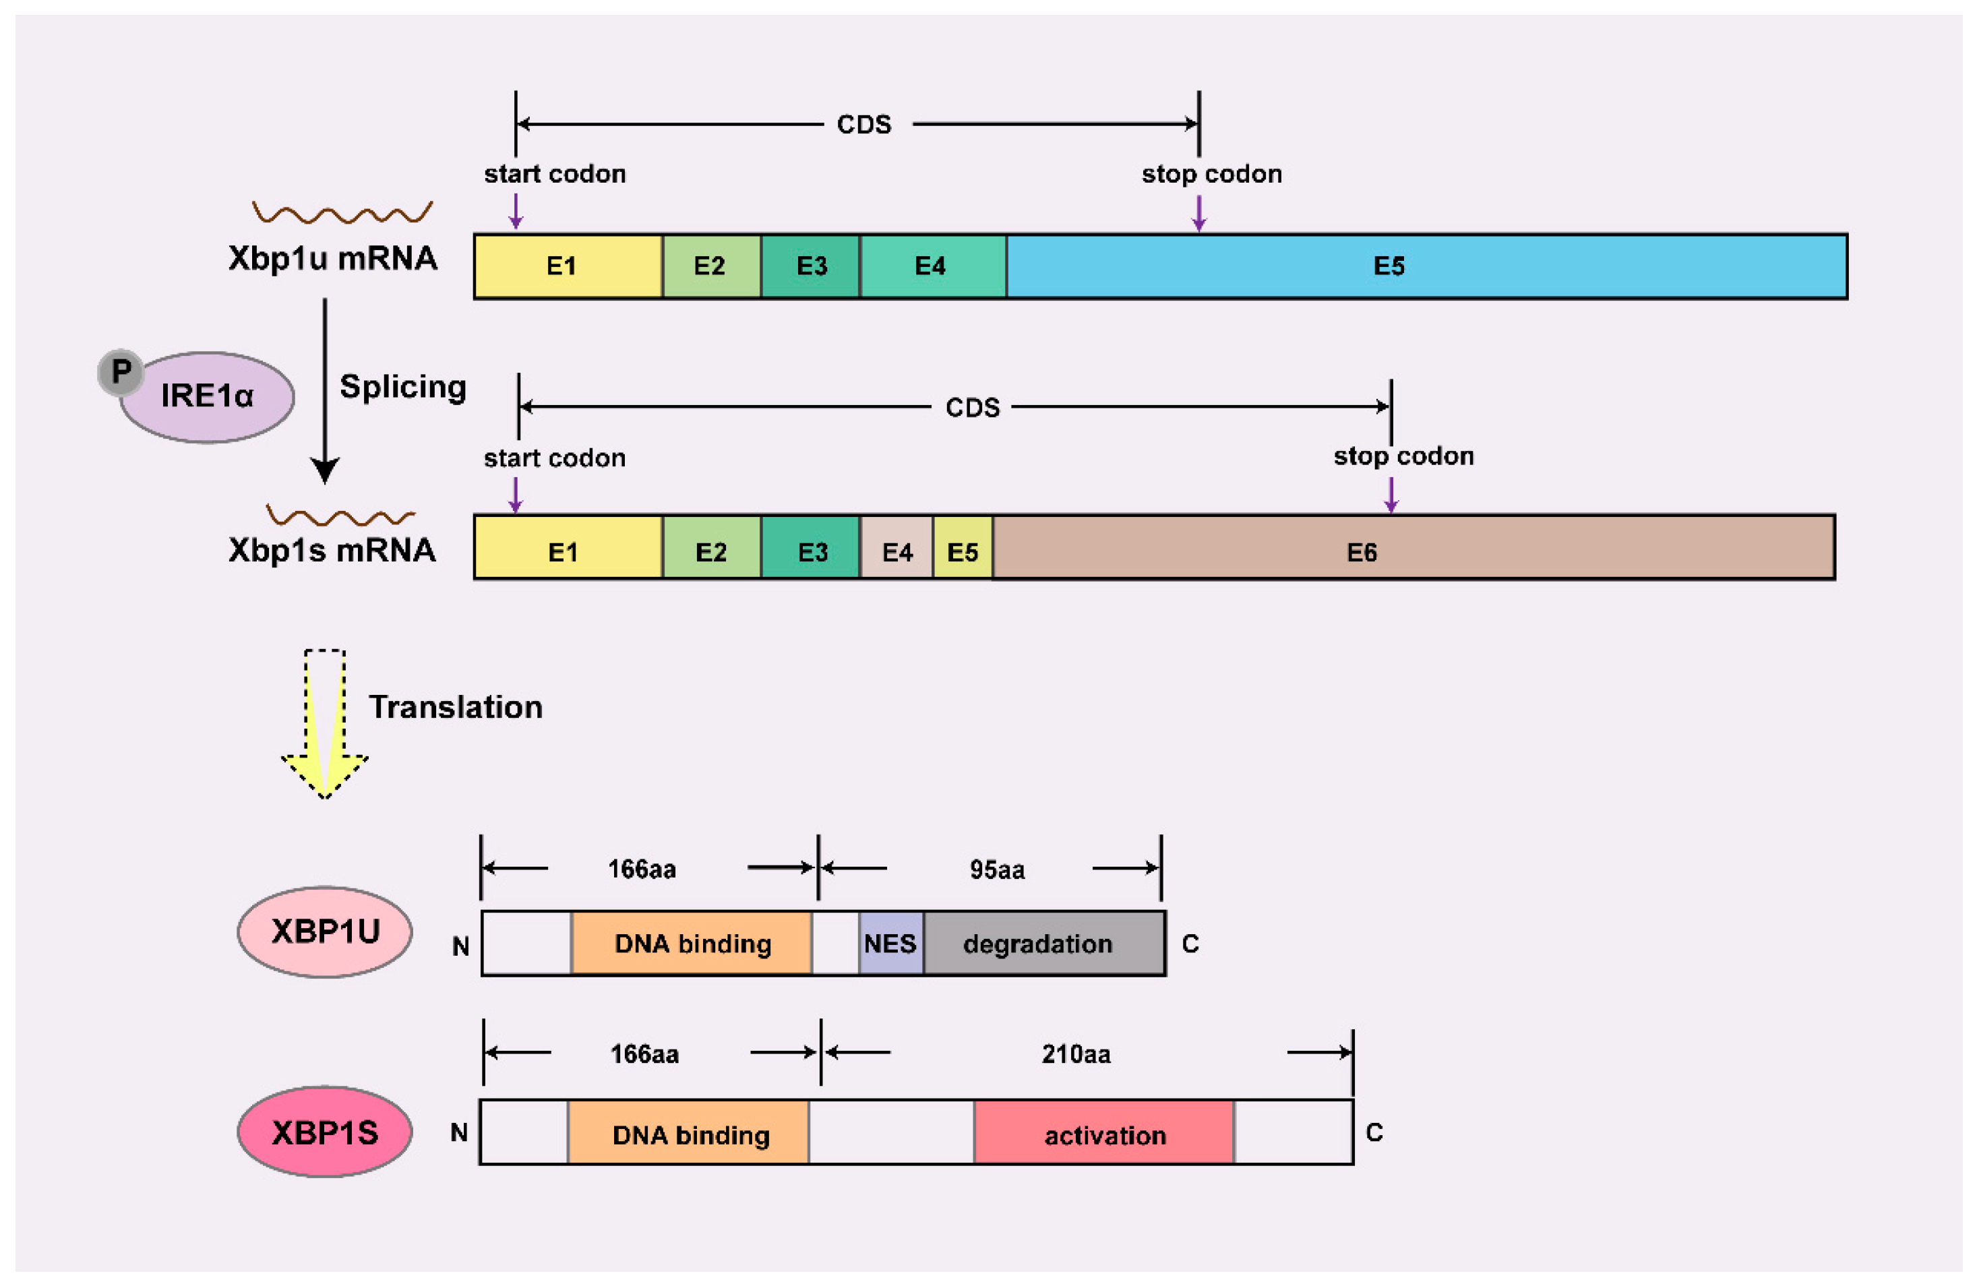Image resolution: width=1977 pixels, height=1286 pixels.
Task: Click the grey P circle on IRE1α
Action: coord(121,371)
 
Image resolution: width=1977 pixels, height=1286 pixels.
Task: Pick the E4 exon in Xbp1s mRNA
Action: coord(896,551)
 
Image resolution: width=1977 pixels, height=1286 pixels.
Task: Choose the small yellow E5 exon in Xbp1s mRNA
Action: coord(962,551)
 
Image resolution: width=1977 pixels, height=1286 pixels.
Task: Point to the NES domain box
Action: coord(890,943)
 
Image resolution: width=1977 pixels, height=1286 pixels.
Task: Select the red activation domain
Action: coord(1104,1135)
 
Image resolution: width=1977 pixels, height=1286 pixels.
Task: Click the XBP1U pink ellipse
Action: coord(325,931)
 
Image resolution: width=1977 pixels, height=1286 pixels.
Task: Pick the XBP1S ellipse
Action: coord(325,1132)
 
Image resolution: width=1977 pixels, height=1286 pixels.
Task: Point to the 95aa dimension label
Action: coord(997,869)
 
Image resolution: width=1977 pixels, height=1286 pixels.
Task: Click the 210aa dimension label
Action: coord(1076,1053)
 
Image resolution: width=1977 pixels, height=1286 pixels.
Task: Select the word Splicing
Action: coord(403,387)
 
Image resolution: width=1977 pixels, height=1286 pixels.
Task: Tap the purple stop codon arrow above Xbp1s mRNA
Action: coord(1391,493)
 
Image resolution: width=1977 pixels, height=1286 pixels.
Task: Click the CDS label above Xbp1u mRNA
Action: coord(864,125)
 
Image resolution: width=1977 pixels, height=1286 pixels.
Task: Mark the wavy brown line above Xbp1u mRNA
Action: coord(342,214)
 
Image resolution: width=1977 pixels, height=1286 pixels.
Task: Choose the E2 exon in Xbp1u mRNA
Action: coord(711,266)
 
